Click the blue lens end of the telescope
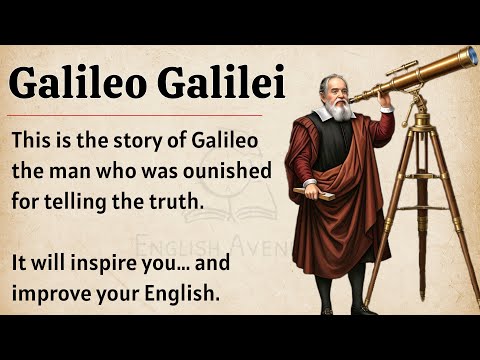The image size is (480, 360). [x=471, y=56]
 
